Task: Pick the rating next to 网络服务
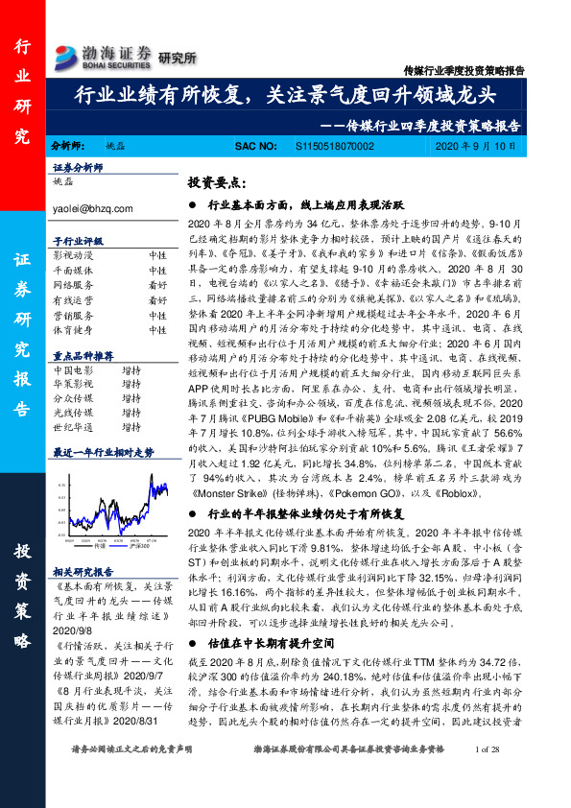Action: [157, 286]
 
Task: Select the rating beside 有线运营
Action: [157, 300]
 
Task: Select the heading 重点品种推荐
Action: [78, 353]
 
